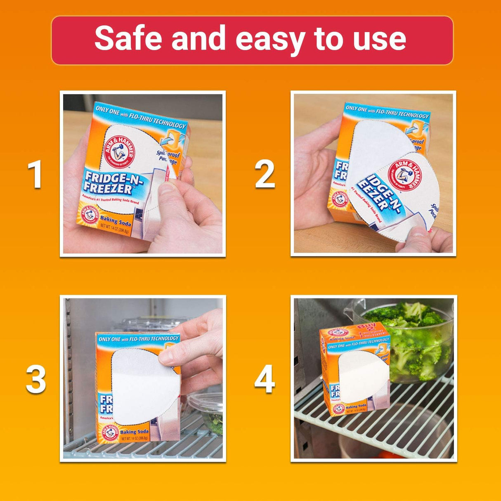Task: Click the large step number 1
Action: point(35,175)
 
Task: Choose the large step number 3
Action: point(36,380)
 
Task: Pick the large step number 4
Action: point(265,380)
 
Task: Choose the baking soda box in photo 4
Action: point(355,371)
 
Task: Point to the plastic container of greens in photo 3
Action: point(206,411)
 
